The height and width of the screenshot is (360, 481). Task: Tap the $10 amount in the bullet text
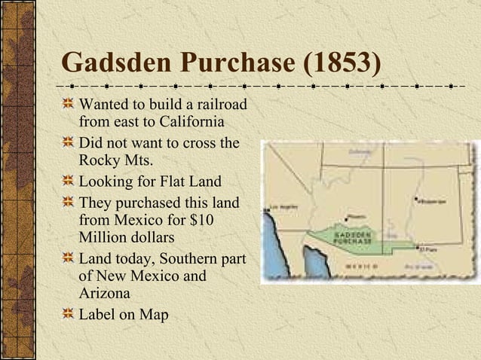point(225,220)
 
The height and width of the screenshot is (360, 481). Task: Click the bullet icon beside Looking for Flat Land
point(69,182)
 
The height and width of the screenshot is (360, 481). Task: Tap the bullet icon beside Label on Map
point(69,313)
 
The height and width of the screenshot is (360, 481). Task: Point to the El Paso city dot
point(417,249)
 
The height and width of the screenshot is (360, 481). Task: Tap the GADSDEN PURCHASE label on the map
point(355,238)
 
